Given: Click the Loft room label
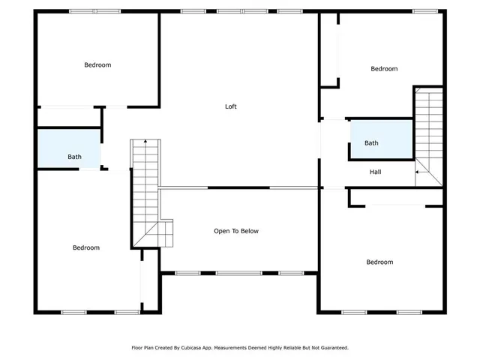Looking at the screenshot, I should (231, 106).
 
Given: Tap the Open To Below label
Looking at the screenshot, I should (236, 231).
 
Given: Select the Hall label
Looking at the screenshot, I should (376, 172).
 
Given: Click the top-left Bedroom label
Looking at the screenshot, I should (97, 65).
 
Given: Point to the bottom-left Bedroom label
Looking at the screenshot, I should (86, 247).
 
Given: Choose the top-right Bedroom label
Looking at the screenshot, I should (384, 69).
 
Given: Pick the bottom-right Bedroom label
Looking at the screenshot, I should (379, 262).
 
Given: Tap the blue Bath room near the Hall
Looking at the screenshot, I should (381, 139).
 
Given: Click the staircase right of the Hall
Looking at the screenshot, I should (430, 135).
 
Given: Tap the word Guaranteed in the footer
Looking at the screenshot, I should (333, 348).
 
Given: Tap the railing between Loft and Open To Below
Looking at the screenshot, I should (238, 187).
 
